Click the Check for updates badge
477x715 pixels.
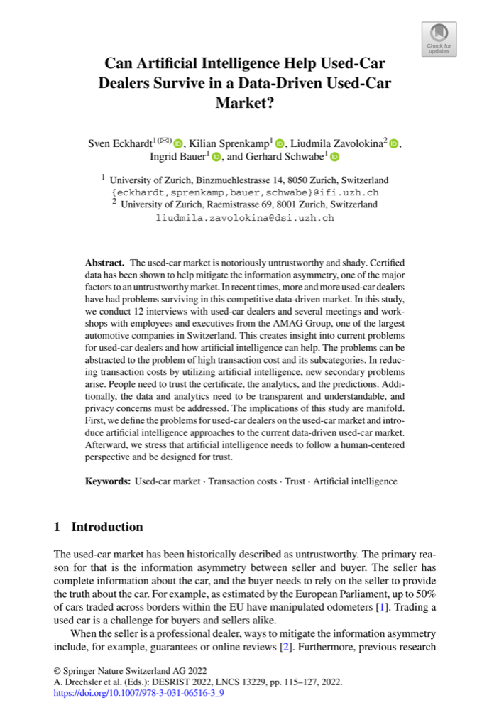(439, 38)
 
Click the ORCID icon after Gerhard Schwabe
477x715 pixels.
(334, 157)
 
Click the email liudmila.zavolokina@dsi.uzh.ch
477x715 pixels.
(244, 217)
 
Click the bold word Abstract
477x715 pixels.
(104, 263)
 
